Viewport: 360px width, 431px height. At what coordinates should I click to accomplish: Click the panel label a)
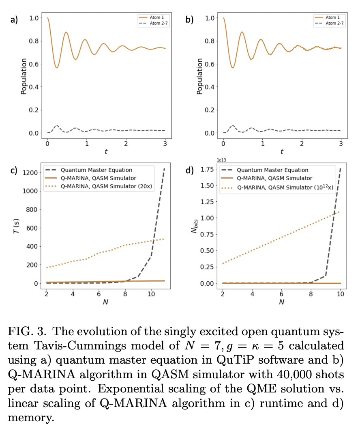click(x=14, y=19)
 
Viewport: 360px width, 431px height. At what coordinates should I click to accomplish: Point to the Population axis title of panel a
click(x=24, y=76)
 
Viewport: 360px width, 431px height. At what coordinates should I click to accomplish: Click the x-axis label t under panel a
click(x=106, y=152)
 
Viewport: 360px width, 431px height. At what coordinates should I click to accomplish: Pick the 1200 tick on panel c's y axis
click(x=31, y=172)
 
